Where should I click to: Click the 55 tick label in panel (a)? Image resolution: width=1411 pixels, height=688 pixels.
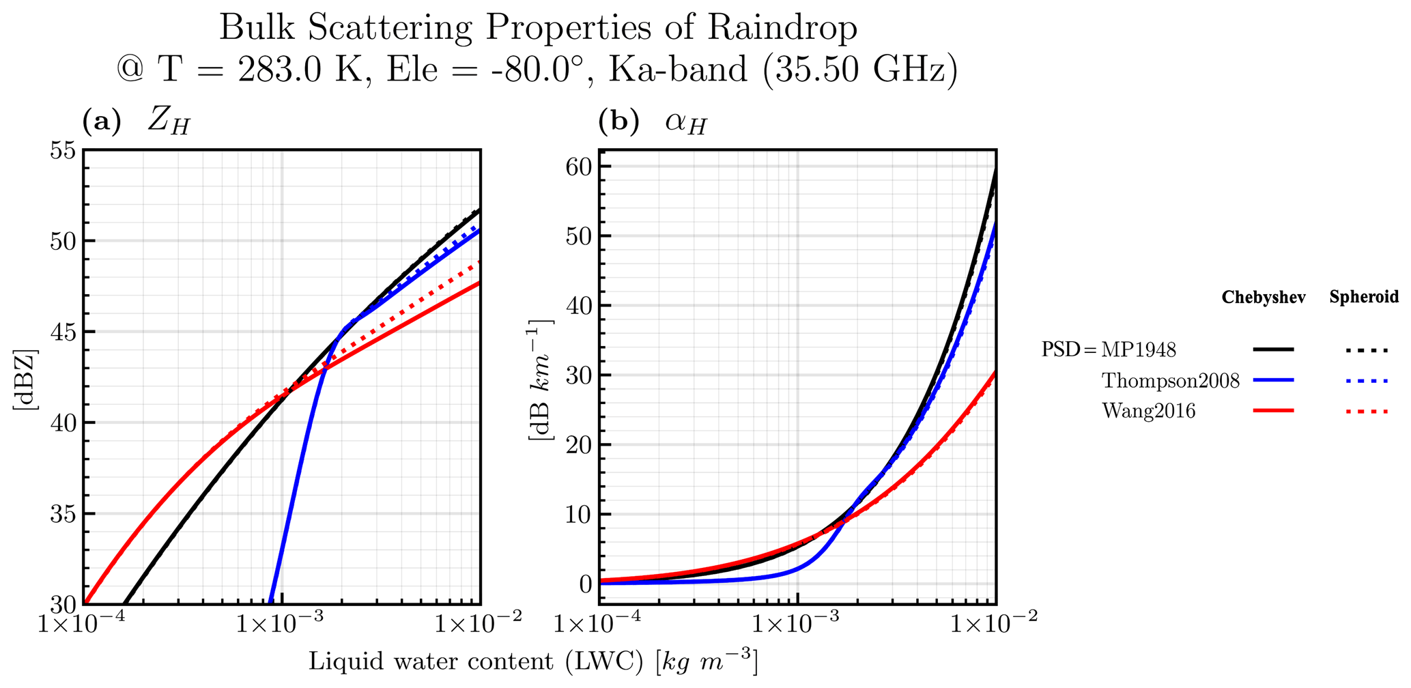pyautogui.click(x=62, y=149)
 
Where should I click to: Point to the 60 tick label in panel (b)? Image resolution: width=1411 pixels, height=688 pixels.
pyautogui.click(x=579, y=167)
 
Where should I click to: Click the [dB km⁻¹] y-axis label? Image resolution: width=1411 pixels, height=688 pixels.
pyautogui.click(x=541, y=379)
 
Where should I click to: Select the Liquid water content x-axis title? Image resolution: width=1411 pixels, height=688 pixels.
pyautogui.click(x=533, y=661)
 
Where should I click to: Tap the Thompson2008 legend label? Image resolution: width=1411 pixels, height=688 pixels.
pyautogui.click(x=1170, y=380)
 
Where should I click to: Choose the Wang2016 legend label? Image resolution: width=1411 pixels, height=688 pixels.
pyautogui.click(x=1148, y=410)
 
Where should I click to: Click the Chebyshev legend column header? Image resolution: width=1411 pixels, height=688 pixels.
pyautogui.click(x=1263, y=298)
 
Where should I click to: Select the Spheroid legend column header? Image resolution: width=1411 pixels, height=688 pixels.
pyautogui.click(x=1364, y=297)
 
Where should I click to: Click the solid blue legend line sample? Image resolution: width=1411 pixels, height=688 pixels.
pyautogui.click(x=1273, y=380)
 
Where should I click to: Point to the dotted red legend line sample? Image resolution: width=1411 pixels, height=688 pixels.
pyautogui.click(x=1367, y=411)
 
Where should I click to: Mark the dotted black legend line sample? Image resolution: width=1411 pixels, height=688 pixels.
pyautogui.click(x=1367, y=350)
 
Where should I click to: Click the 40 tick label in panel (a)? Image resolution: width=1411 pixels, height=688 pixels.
pyautogui.click(x=62, y=423)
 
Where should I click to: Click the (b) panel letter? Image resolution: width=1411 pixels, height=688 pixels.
pyautogui.click(x=618, y=122)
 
